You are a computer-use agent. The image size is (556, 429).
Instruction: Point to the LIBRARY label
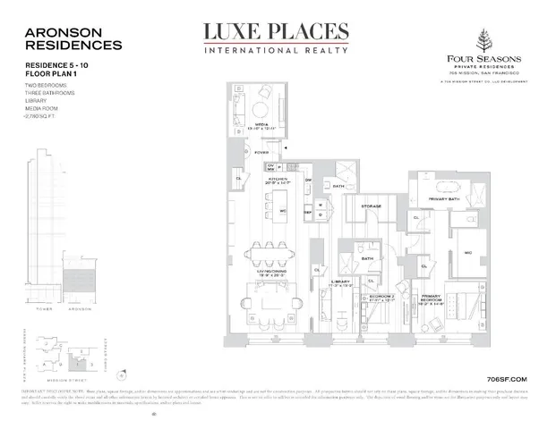[x=342, y=282]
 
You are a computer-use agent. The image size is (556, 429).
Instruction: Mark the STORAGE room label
[x=372, y=206]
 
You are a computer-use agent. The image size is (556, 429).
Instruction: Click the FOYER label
[x=261, y=153]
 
